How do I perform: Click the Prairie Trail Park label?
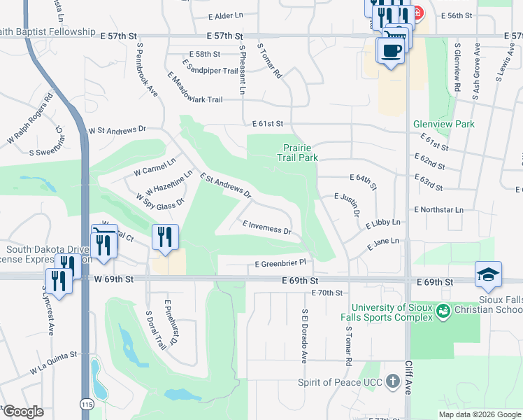coord(301,153)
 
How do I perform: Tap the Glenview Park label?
coord(444,124)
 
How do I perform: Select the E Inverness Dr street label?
coord(266,227)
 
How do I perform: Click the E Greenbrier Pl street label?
coord(281,264)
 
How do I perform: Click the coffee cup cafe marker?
coord(392,50)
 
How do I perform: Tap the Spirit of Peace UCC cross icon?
coord(393,382)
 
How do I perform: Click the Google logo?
coord(23,412)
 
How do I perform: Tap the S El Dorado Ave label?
coord(304,336)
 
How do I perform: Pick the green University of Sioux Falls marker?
coord(443,309)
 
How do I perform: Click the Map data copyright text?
coord(480,414)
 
